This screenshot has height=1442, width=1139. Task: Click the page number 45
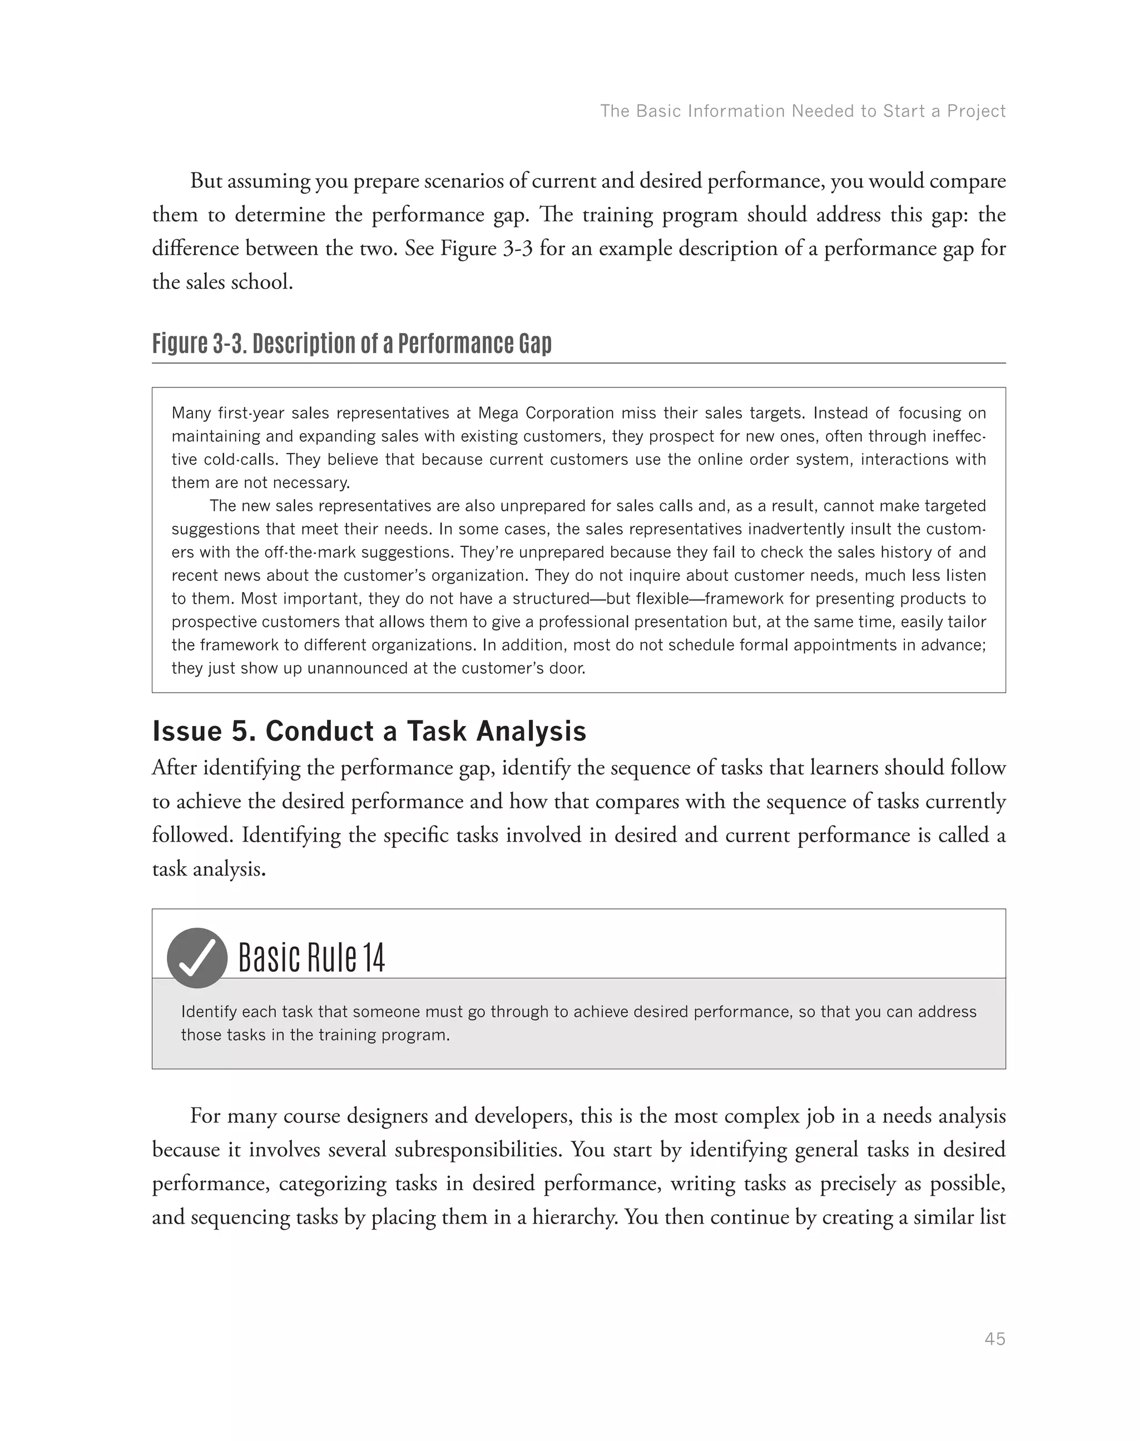click(994, 1339)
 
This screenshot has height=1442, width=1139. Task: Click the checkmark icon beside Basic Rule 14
click(197, 957)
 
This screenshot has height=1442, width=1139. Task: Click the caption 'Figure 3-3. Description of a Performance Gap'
click(351, 344)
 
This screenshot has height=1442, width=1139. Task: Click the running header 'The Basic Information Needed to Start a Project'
click(802, 111)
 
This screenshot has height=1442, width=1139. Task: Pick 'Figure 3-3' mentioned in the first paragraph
click(487, 248)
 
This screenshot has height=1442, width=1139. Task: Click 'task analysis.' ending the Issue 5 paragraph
click(209, 869)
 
